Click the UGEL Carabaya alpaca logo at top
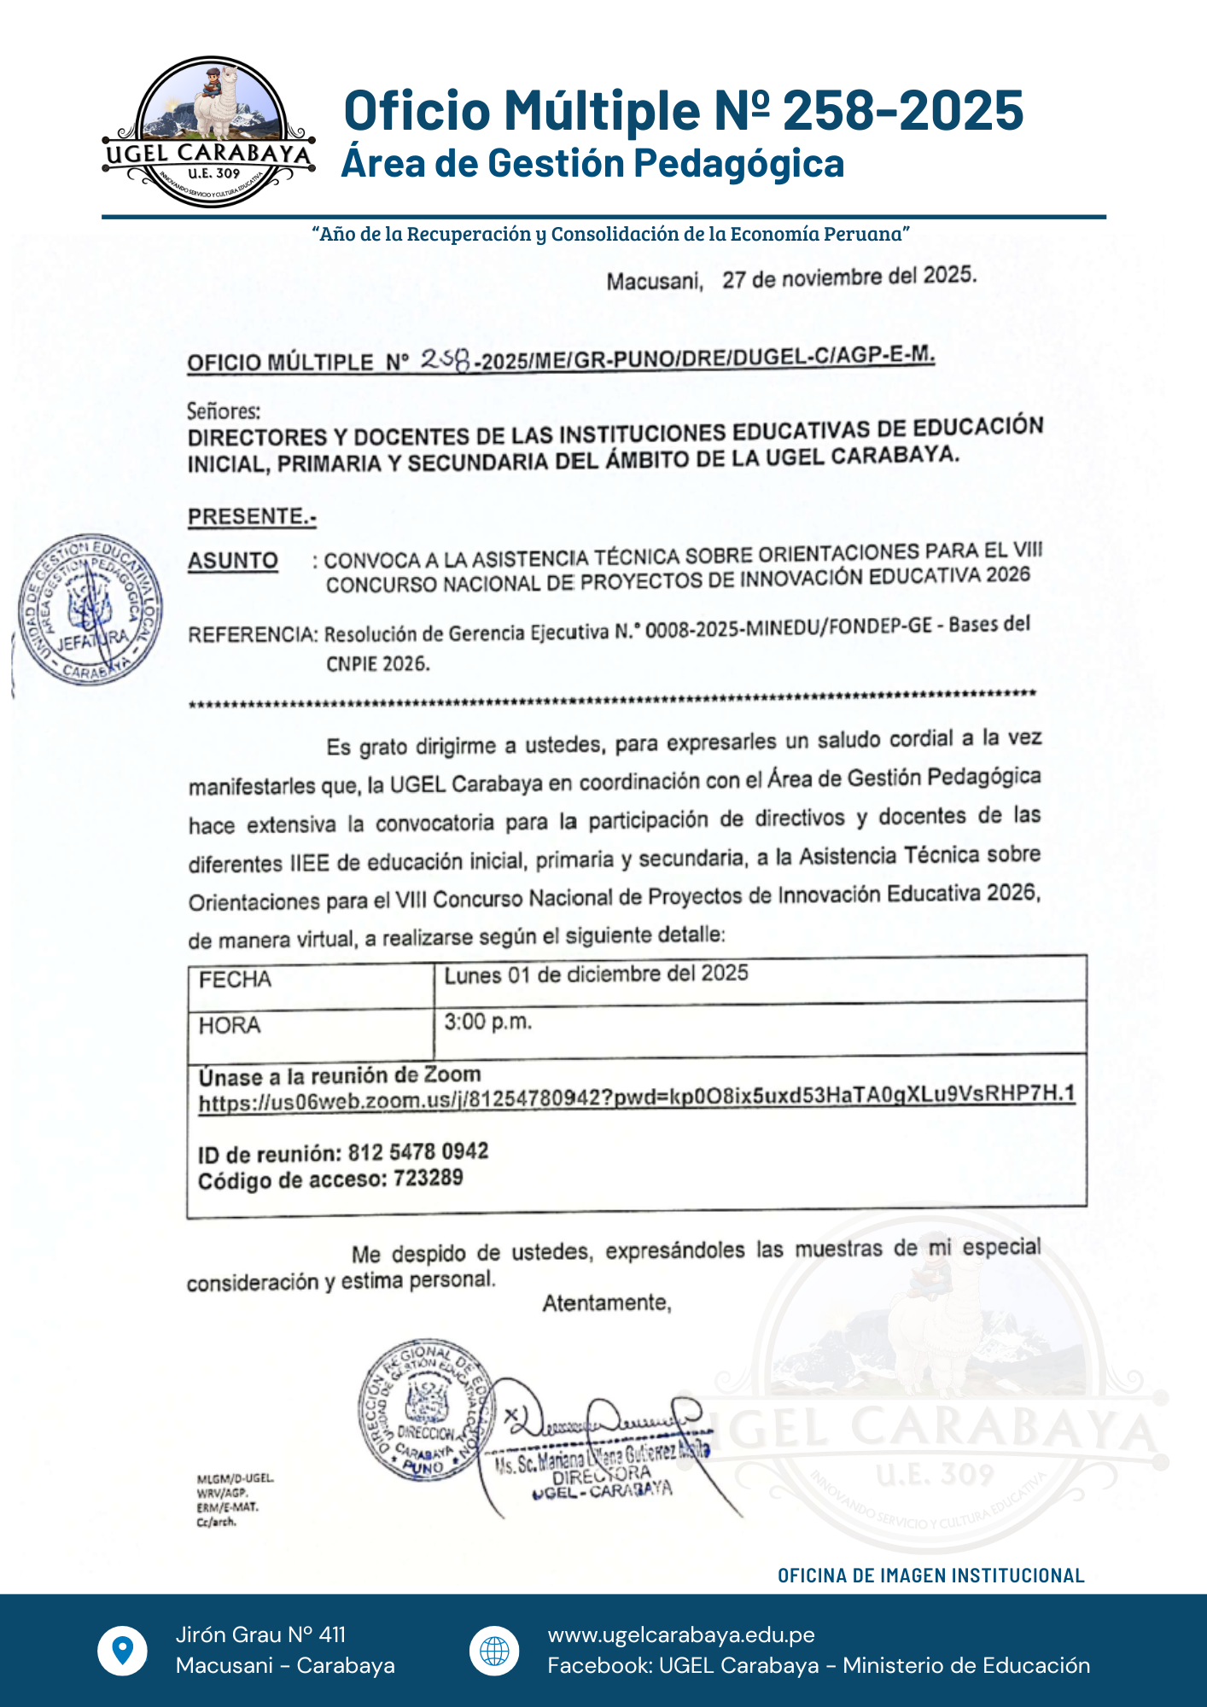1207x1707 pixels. click(209, 132)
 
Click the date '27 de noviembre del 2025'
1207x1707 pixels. click(848, 277)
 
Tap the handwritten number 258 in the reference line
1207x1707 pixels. click(446, 361)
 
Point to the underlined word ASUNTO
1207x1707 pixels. click(233, 561)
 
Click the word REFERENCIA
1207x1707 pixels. click(253, 635)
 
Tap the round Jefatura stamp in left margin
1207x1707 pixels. click(90, 609)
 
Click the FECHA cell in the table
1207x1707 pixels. click(236, 980)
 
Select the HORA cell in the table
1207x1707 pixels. click(230, 1025)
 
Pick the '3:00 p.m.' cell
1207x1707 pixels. click(488, 1022)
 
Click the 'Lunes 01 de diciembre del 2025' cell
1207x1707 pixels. click(596, 975)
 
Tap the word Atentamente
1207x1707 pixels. click(607, 1303)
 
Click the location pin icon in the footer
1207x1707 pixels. click(123, 1651)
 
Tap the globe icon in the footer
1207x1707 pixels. click(494, 1651)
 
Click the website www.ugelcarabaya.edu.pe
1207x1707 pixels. click(681, 1635)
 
